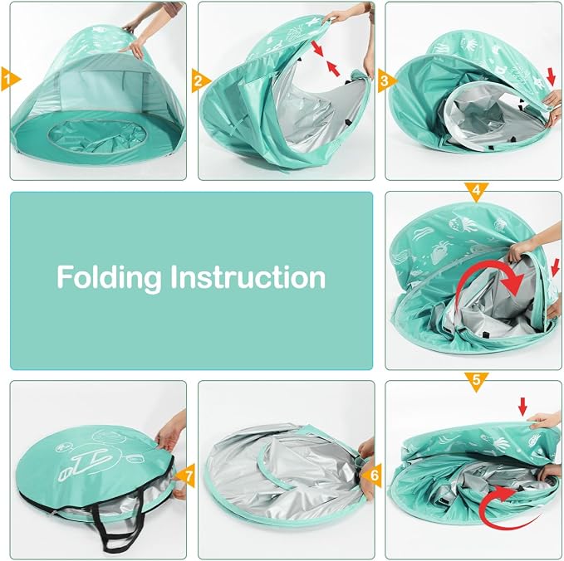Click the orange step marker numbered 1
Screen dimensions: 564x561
[9, 79]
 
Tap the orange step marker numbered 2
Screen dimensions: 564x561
[199, 80]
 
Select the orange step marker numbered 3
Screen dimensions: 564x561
[386, 80]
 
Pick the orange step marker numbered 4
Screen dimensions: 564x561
[476, 191]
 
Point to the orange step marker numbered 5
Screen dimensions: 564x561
[476, 380]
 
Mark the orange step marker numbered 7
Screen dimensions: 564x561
[186, 476]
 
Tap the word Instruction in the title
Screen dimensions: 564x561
[248, 276]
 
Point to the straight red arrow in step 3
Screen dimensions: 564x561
[551, 76]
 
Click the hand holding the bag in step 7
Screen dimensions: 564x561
[171, 432]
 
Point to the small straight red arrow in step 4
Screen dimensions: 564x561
[556, 267]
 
